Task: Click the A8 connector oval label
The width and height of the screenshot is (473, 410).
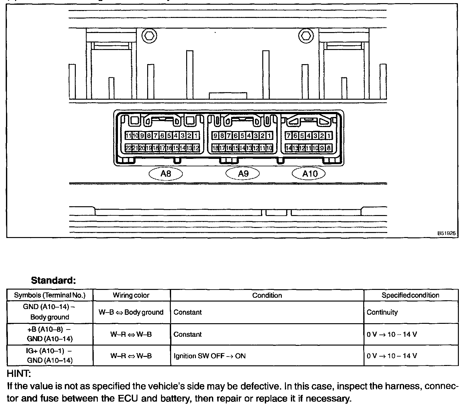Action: click(x=165, y=174)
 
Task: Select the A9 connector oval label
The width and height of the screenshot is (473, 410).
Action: click(x=243, y=174)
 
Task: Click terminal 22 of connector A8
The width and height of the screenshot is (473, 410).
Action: click(x=128, y=148)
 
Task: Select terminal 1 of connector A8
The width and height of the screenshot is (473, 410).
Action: click(x=196, y=136)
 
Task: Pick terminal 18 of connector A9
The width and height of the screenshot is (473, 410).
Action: click(x=215, y=148)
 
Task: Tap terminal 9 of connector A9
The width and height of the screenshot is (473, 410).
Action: click(x=215, y=136)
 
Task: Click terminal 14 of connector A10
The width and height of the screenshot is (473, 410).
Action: click(x=288, y=148)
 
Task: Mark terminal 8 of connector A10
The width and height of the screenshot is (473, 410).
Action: click(x=329, y=148)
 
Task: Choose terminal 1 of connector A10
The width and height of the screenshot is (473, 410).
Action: click(x=329, y=136)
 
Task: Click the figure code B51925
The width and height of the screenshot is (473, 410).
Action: click(x=446, y=234)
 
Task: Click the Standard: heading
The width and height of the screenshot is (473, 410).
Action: click(x=53, y=280)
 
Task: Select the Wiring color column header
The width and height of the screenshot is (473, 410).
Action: click(x=131, y=295)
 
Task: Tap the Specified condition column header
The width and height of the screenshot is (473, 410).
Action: click(x=410, y=295)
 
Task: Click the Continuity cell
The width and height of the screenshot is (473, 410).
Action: click(x=382, y=312)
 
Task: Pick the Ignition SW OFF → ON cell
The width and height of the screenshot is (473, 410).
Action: click(x=209, y=356)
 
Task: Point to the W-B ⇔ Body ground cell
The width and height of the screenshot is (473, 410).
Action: click(x=131, y=312)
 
